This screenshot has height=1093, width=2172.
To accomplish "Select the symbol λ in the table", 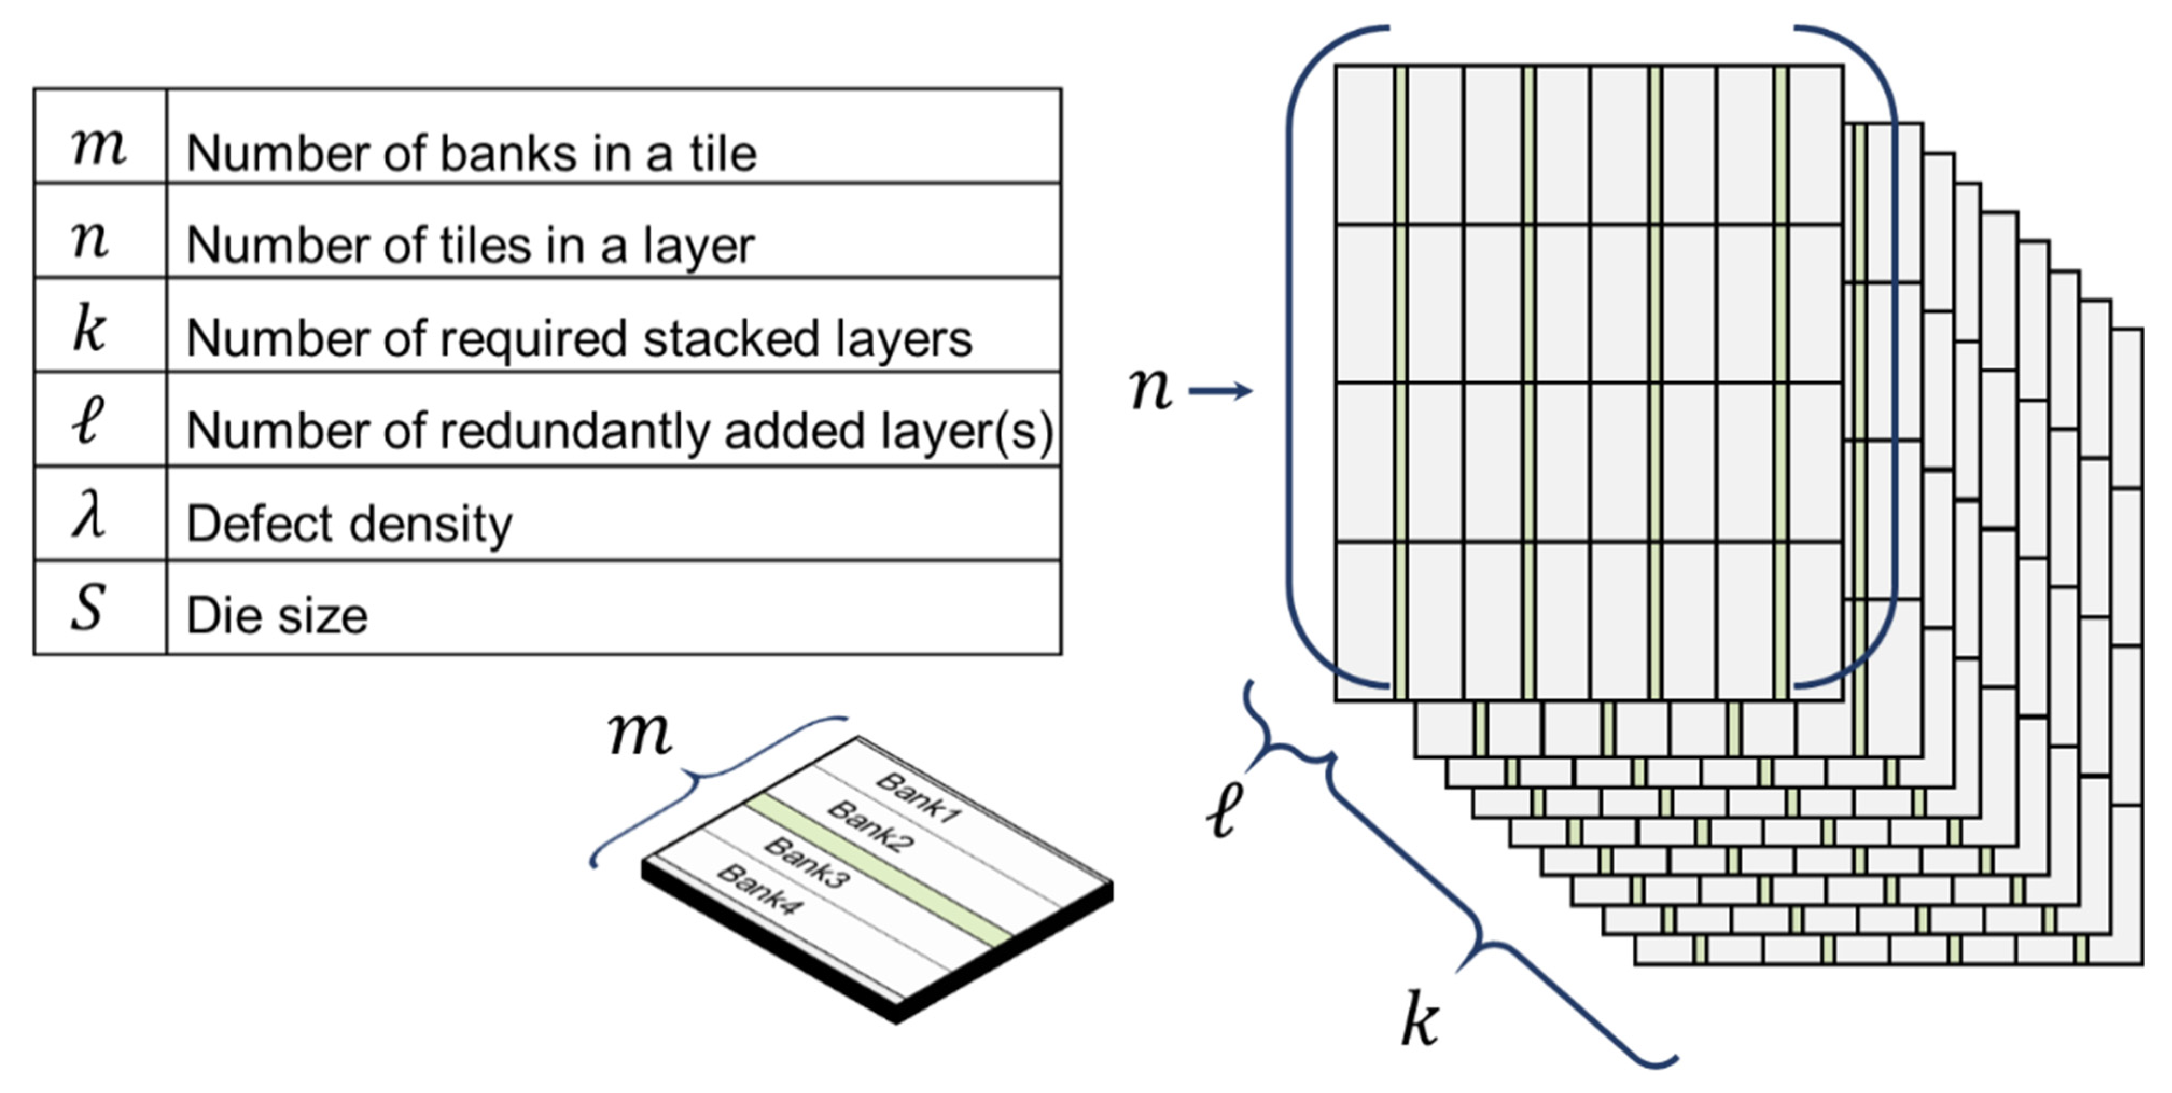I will [88, 516].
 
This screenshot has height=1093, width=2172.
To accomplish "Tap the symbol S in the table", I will [88, 608].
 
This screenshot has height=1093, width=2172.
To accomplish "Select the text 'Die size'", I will [277, 616].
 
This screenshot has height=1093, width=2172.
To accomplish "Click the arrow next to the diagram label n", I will [1220, 391].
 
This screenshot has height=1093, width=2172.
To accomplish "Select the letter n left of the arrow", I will [1150, 389].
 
